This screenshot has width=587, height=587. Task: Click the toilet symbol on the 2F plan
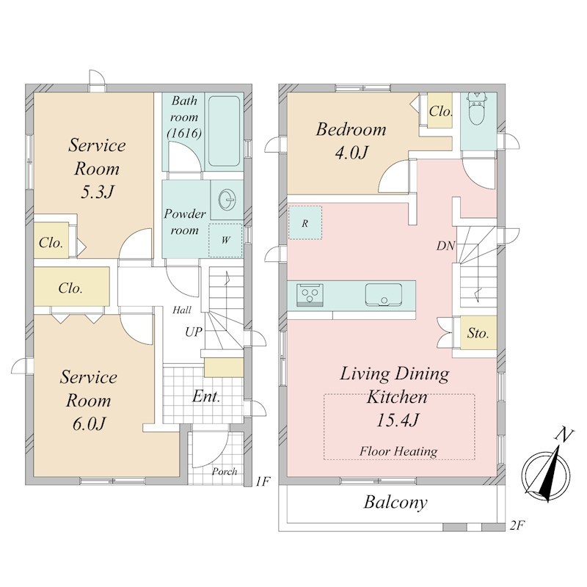pos(475,108)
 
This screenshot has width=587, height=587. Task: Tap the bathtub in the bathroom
pos(224,131)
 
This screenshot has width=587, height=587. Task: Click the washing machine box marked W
pos(225,241)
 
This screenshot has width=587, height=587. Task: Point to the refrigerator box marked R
pos(305,223)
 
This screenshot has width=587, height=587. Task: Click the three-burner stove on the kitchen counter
pos(310,295)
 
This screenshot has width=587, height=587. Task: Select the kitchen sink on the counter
pos(384,295)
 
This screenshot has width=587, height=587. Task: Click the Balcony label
pos(395,503)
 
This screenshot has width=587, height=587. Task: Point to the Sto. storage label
pos(478,333)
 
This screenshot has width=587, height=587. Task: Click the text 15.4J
pos(397,420)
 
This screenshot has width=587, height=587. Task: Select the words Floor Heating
pos(398,451)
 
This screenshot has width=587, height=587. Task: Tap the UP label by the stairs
pos(194,332)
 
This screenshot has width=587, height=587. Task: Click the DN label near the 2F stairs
pos(445,246)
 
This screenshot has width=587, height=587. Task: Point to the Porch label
pos(225,472)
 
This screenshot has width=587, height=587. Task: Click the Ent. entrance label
pos(206,396)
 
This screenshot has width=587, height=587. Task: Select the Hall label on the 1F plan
pos(182,310)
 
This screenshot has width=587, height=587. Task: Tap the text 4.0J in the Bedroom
pos(352,153)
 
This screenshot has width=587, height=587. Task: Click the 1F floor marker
pos(263,481)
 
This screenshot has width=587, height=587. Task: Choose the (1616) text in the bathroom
pos(184,134)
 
